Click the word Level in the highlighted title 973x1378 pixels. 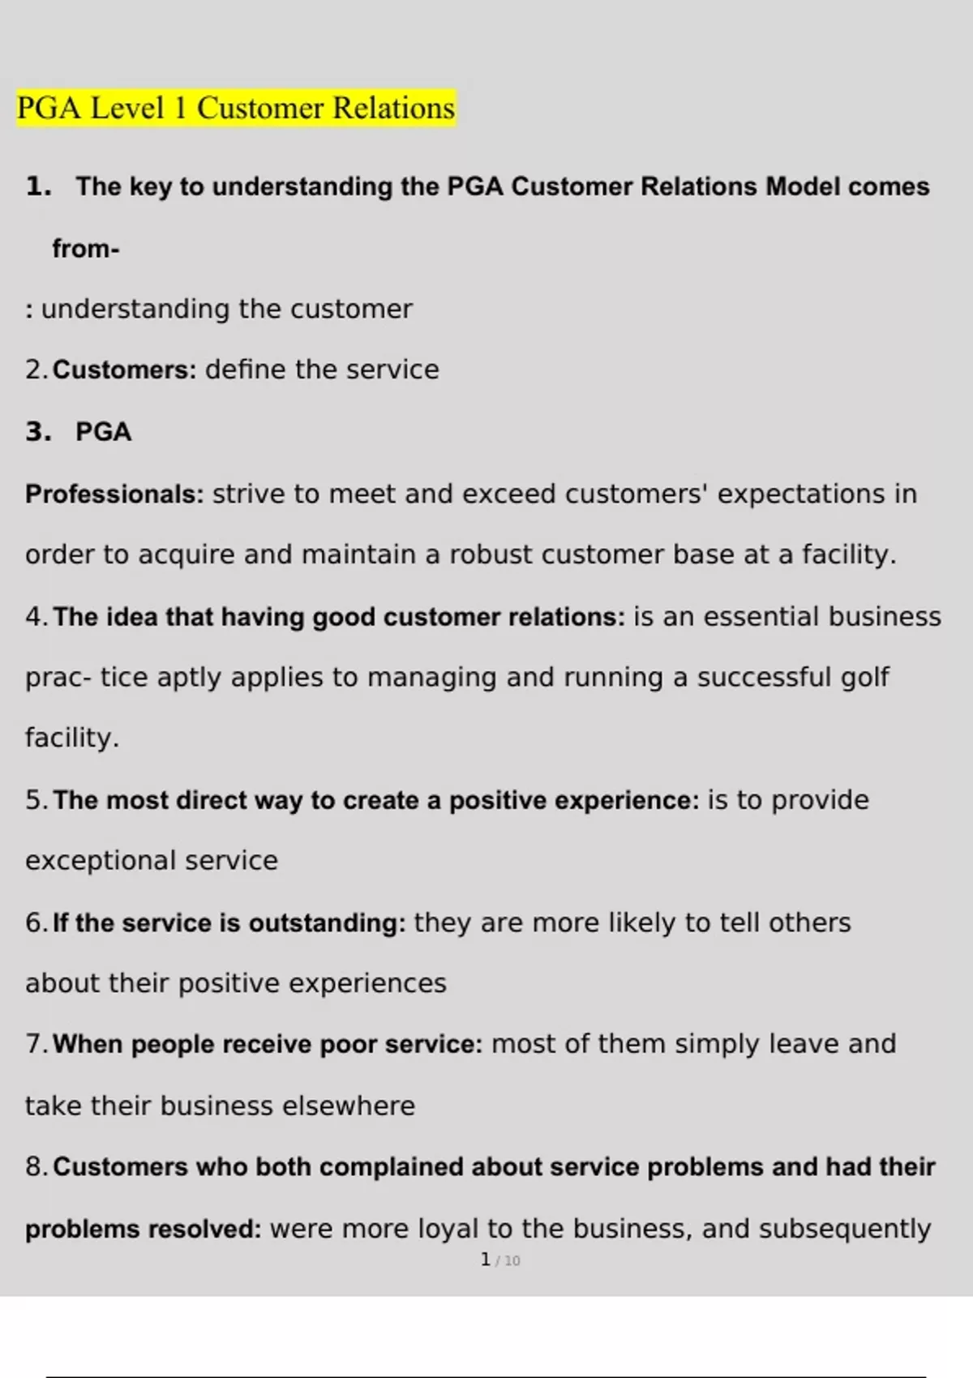point(127,109)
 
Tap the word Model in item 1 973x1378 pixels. point(803,187)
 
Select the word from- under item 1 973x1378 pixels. point(86,249)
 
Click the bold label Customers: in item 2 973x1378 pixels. point(125,370)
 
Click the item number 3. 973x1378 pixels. point(38,432)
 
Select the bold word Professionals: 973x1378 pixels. point(114,494)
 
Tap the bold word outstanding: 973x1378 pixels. point(327,923)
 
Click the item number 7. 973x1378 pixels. point(36,1044)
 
